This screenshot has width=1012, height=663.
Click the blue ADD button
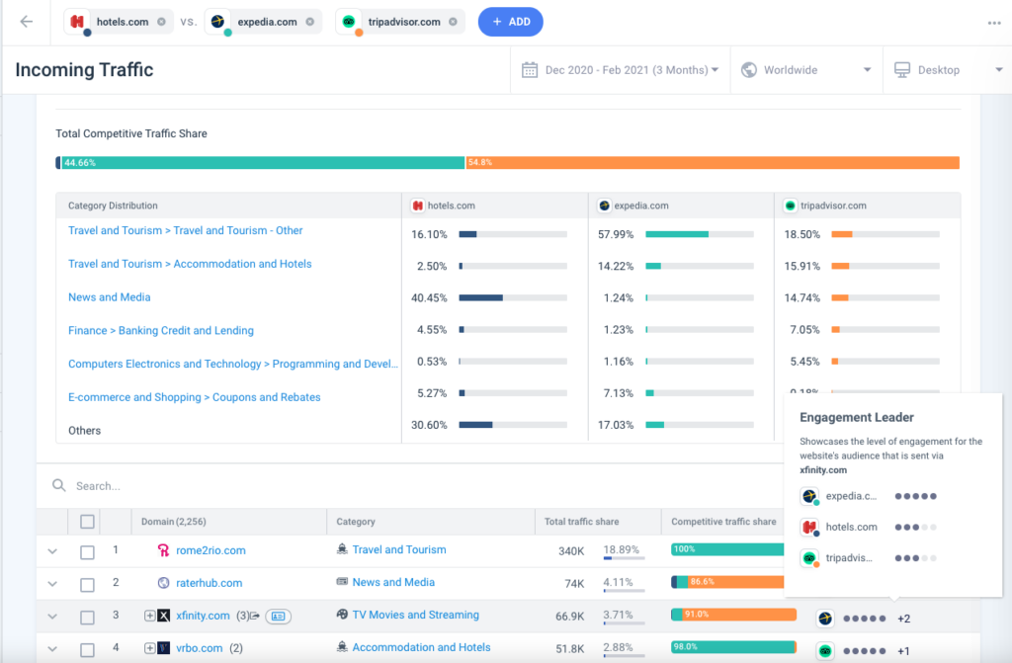pyautogui.click(x=510, y=22)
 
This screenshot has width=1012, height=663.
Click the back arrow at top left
pyautogui.click(x=27, y=22)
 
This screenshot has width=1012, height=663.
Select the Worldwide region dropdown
pyautogui.click(x=805, y=70)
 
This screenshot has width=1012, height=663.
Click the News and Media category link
pyautogui.click(x=109, y=297)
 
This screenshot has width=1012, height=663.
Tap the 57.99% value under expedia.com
pyautogui.click(x=617, y=234)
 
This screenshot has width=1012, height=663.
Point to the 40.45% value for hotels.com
pyautogui.click(x=430, y=297)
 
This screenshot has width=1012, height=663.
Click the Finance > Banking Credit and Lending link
pyautogui.click(x=160, y=331)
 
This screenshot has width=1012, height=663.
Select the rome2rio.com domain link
pyautogui.click(x=211, y=550)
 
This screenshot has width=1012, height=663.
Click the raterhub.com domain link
pyautogui.click(x=209, y=583)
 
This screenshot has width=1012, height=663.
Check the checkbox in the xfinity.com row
pyautogui.click(x=87, y=617)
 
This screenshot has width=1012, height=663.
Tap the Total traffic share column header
pyautogui.click(x=582, y=522)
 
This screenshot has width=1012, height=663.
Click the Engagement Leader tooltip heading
pyautogui.click(x=856, y=418)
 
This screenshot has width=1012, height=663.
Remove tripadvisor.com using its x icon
pyautogui.click(x=453, y=22)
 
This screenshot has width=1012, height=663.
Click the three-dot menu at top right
pyautogui.click(x=993, y=23)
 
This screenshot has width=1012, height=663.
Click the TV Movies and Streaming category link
pyautogui.click(x=415, y=616)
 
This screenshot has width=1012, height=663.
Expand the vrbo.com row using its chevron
pyautogui.click(x=52, y=649)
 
